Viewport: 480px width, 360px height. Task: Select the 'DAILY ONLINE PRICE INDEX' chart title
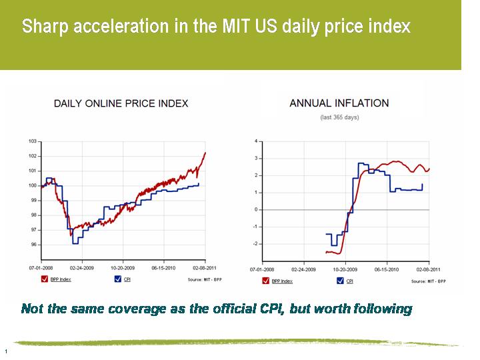click(x=121, y=103)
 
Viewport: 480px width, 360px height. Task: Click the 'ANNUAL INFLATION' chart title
click(x=339, y=103)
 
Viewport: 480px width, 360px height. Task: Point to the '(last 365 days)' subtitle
click(x=339, y=117)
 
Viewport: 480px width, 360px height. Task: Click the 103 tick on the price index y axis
click(x=33, y=141)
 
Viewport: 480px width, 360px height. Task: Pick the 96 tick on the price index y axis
click(x=33, y=245)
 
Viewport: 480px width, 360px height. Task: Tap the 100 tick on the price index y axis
click(x=33, y=185)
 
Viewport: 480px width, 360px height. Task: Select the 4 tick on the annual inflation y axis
click(x=255, y=141)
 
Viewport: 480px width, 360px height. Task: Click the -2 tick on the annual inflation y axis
click(x=254, y=244)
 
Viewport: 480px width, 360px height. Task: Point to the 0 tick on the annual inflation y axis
click(x=255, y=209)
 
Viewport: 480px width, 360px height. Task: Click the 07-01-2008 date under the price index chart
click(x=40, y=269)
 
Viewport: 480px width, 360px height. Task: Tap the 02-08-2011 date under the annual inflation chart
click(x=429, y=269)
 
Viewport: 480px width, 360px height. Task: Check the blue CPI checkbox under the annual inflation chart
click(x=341, y=281)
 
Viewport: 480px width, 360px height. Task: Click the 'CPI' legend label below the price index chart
click(x=127, y=280)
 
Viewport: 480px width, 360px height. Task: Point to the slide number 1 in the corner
click(x=5, y=351)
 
